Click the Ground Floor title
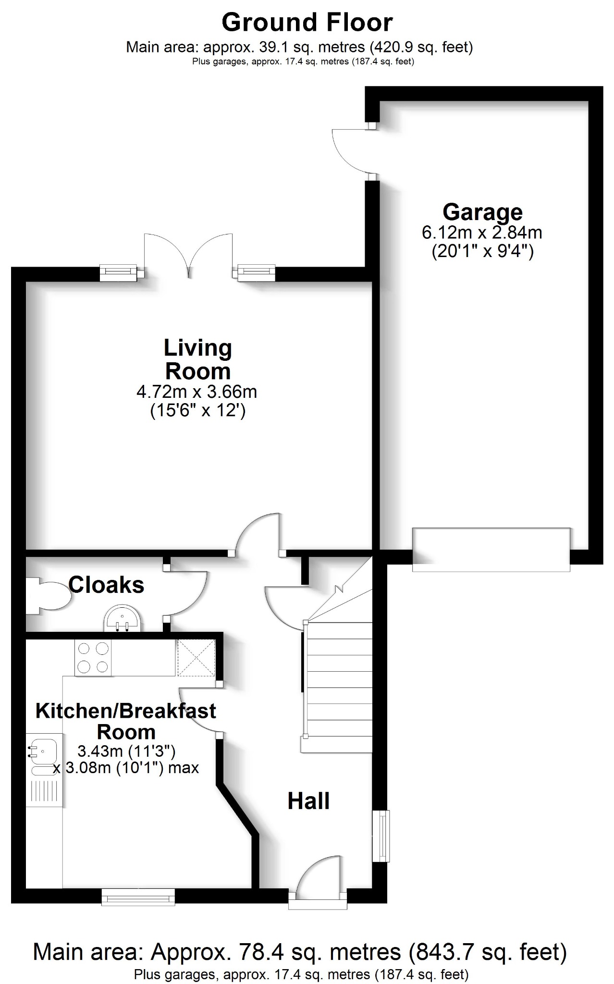(307, 23)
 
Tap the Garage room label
(482, 212)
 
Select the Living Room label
(197, 359)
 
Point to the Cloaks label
(106, 585)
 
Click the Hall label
(308, 801)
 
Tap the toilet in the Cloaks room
(48, 596)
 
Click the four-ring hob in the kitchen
(93, 657)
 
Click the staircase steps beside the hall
(339, 687)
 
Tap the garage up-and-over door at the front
(491, 550)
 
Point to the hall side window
(381, 836)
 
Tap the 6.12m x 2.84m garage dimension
(482, 233)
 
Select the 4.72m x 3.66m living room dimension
(197, 392)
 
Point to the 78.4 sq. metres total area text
(299, 951)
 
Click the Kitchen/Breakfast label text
(125, 711)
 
